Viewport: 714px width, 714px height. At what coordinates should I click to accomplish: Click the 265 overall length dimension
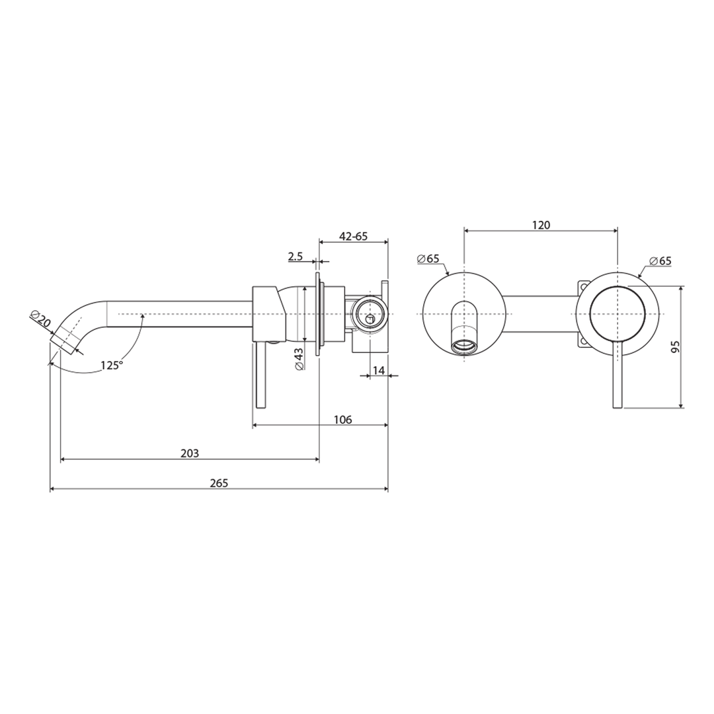click(x=219, y=483)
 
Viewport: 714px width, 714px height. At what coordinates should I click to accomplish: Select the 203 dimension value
click(x=190, y=453)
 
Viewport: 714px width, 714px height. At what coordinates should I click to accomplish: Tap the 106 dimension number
click(x=342, y=420)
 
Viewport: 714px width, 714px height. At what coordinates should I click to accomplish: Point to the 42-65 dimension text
click(x=353, y=236)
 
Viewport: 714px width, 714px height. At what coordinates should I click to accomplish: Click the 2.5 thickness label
click(x=296, y=257)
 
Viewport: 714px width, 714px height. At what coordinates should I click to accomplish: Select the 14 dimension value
click(x=379, y=370)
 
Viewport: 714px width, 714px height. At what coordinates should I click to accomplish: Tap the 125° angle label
click(x=112, y=364)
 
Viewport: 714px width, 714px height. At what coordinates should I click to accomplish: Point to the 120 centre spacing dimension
click(x=541, y=225)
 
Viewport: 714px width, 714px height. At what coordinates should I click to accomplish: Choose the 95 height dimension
click(x=675, y=347)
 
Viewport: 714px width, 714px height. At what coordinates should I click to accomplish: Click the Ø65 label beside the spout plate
click(x=428, y=258)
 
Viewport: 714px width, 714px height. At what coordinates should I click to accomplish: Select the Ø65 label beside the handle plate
click(x=660, y=260)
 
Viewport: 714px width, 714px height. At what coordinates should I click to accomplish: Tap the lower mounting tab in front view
click(x=582, y=341)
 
